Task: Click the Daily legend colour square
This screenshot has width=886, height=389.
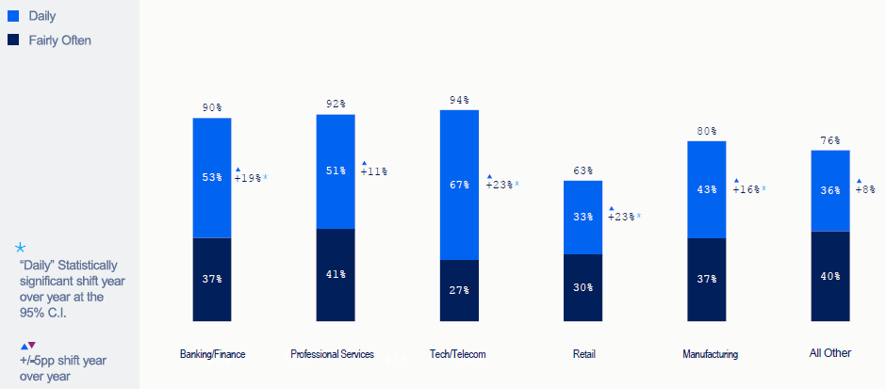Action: pyautogui.click(x=12, y=17)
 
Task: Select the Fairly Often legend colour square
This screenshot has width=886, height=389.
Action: pyautogui.click(x=12, y=40)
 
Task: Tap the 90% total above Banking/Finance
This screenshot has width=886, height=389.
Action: pyautogui.click(x=212, y=107)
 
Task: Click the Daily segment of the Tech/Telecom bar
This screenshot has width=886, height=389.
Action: pyautogui.click(x=459, y=185)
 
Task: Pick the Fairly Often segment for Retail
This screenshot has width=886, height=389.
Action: pyautogui.click(x=582, y=287)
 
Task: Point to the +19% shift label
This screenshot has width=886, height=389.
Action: pyautogui.click(x=250, y=177)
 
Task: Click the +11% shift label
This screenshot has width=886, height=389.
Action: pyautogui.click(x=373, y=171)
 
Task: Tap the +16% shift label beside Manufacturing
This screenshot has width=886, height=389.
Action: pyautogui.click(x=748, y=189)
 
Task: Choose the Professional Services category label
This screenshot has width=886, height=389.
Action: pyautogui.click(x=332, y=354)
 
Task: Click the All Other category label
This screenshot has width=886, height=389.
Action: pyautogui.click(x=829, y=353)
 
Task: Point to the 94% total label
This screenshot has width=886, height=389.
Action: pyautogui.click(x=459, y=100)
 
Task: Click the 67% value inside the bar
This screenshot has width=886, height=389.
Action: pyautogui.click(x=459, y=185)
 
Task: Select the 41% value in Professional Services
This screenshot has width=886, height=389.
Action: pyautogui.click(x=336, y=275)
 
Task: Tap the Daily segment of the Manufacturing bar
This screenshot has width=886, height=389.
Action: pyautogui.click(x=706, y=189)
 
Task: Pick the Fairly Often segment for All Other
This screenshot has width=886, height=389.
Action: pyautogui.click(x=829, y=276)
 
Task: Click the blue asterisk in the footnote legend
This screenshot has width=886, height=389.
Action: pyautogui.click(x=21, y=247)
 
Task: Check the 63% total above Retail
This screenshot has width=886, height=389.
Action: pyautogui.click(x=582, y=170)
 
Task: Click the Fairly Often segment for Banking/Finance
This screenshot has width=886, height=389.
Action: pyautogui.click(x=212, y=279)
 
